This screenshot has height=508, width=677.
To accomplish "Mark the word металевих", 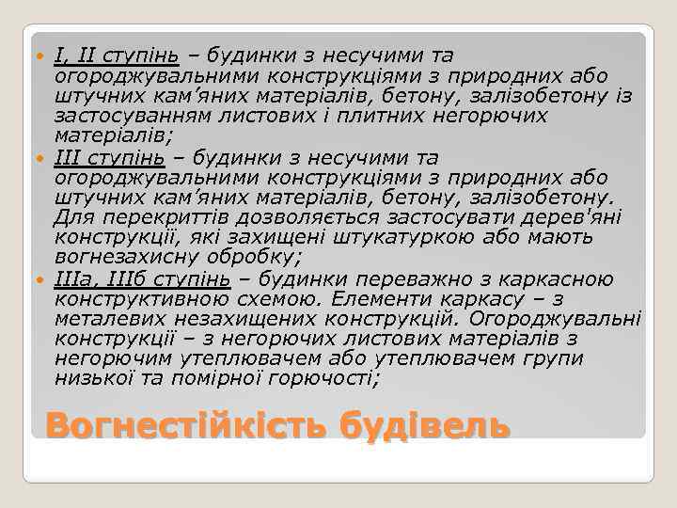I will tap(107, 319).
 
